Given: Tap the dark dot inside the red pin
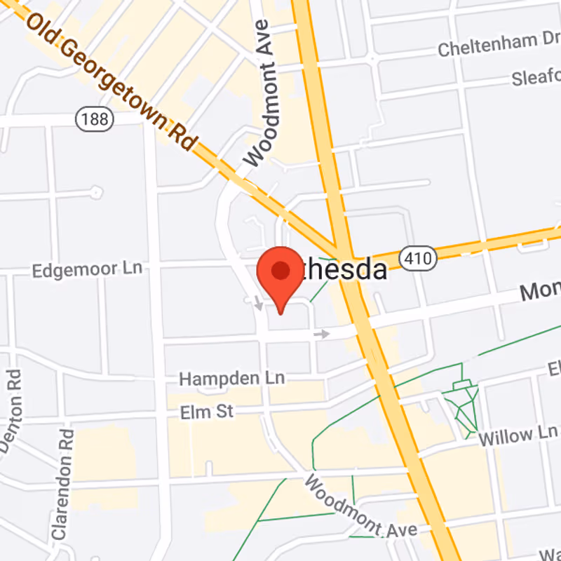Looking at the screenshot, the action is click(x=280, y=270).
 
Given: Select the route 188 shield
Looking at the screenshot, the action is click(x=93, y=119).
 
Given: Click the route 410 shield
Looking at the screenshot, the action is click(x=419, y=258).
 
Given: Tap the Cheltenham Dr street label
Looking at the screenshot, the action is click(x=499, y=47).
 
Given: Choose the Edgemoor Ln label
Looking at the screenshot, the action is click(x=87, y=269).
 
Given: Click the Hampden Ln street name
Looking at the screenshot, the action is click(x=231, y=379).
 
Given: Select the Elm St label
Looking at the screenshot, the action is click(x=206, y=412).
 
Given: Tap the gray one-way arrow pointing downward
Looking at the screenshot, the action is click(x=259, y=304).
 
